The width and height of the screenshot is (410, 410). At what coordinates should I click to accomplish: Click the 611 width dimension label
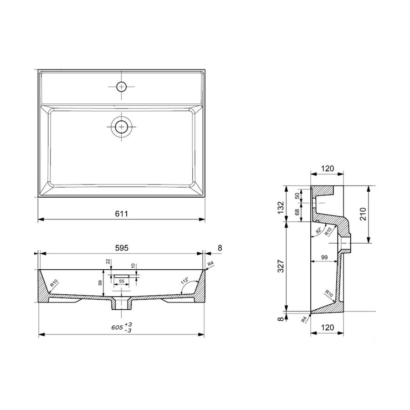pyautogui.click(x=121, y=213)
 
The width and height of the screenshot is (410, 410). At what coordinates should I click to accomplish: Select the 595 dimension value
pyautogui.click(x=121, y=248)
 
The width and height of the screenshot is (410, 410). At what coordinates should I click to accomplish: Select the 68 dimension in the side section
pyautogui.click(x=297, y=212)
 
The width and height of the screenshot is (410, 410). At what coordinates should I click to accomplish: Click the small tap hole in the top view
pyautogui.click(x=122, y=86)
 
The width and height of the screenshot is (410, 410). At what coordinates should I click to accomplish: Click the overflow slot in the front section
pyautogui.click(x=122, y=276)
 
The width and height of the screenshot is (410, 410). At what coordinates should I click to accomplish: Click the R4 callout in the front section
pyautogui.click(x=210, y=264)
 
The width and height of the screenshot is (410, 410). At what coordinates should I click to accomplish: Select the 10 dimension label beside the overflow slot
pyautogui.click(x=133, y=266)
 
